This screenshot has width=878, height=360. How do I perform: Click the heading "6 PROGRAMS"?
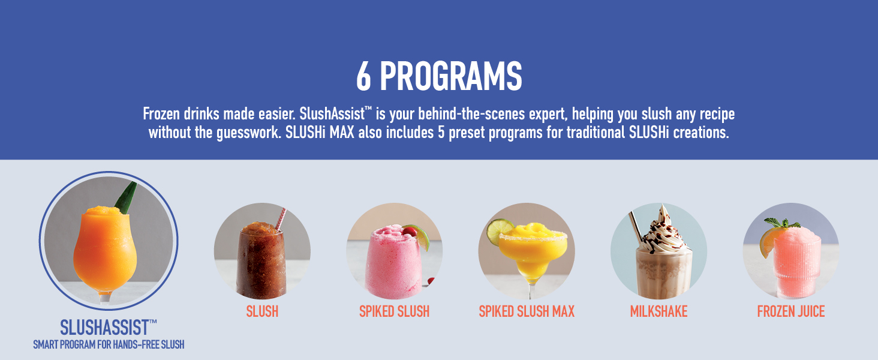[439, 77]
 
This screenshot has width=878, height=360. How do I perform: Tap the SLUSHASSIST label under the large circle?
[108, 328]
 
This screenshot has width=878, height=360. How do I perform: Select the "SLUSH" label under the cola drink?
[262, 311]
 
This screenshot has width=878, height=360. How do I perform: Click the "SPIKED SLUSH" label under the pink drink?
[394, 311]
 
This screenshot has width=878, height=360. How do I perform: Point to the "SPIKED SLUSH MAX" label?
[527, 311]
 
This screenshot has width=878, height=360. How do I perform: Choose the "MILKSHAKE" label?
[659, 311]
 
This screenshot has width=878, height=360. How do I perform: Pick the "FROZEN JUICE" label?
[791, 311]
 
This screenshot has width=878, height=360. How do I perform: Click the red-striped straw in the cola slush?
[280, 219]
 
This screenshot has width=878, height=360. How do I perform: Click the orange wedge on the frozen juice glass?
[767, 243]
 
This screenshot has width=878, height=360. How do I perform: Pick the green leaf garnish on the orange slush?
[127, 198]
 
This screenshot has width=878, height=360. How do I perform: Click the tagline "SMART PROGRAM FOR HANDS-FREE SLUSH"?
[108, 344]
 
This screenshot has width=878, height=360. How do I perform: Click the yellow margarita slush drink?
[531, 252]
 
